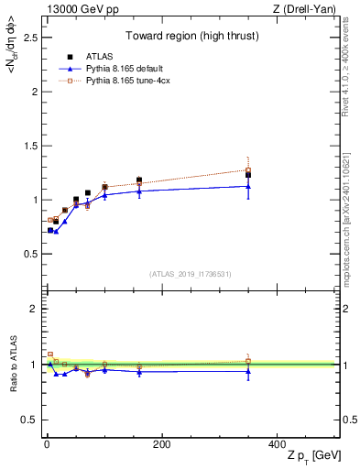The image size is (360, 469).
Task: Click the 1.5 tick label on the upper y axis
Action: coord(29,146)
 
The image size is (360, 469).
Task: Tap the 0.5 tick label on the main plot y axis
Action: coord(29,254)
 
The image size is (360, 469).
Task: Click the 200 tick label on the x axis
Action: coord(161,444)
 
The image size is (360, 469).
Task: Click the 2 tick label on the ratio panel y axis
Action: coord(34,309)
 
